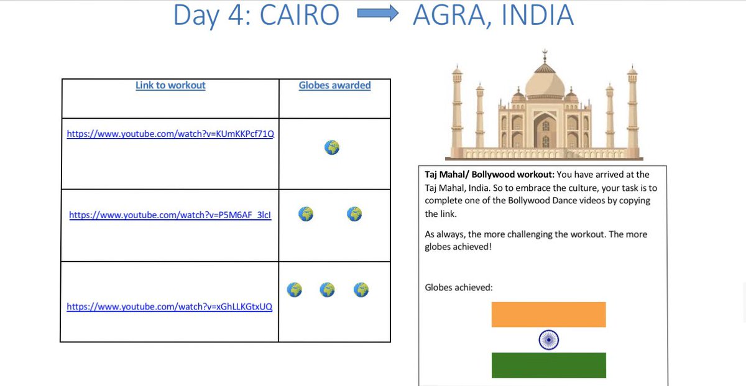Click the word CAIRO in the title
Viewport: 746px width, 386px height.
pos(300,16)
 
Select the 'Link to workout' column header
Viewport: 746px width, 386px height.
pos(170,85)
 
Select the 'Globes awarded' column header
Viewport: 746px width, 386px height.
pos(334,85)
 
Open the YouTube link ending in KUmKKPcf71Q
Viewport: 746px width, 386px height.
pos(170,134)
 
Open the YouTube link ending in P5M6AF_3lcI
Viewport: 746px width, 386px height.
pos(170,215)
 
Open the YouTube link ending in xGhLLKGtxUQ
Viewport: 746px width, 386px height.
pos(170,306)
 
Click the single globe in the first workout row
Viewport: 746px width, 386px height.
pos(332,147)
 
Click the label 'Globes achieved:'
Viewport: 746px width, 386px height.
pos(459,287)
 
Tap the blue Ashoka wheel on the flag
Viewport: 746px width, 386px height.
pos(548,340)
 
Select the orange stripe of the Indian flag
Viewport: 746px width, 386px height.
pos(548,315)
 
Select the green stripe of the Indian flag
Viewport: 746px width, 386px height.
pos(548,365)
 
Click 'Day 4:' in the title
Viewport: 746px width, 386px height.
pos(211,16)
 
